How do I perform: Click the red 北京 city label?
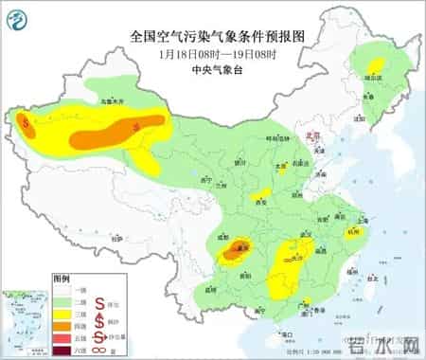(305, 137)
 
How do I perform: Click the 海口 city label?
(283, 333)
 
